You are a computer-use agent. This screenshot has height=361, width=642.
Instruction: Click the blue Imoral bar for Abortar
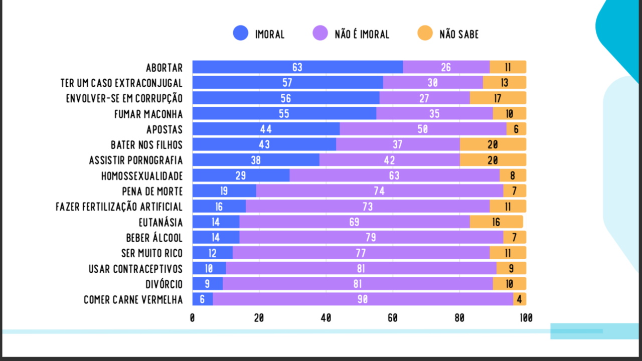[297, 67]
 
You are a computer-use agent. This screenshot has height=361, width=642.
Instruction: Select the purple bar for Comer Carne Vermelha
[363, 299]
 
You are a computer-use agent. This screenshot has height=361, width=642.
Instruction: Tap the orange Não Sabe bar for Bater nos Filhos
[493, 144]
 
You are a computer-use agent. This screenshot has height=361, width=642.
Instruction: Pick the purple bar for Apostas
[423, 129]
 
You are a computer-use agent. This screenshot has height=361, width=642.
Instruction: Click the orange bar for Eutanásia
[497, 222]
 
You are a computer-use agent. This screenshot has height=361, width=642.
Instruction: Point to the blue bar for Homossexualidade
[241, 175]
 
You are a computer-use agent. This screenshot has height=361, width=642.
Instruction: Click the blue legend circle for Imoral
[240, 33]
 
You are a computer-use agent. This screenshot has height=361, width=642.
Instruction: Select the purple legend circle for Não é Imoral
[320, 33]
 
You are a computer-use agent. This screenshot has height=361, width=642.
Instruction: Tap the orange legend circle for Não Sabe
[425, 33]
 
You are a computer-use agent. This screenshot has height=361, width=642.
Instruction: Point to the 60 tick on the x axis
[393, 318]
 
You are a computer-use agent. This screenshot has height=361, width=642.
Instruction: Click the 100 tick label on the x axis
[526, 318]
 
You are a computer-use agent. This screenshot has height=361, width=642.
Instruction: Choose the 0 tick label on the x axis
[192, 318]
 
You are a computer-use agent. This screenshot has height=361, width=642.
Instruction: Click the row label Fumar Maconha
[148, 114]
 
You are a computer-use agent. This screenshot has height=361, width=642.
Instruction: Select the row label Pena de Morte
[152, 192]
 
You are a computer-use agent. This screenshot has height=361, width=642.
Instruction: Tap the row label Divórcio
[164, 284]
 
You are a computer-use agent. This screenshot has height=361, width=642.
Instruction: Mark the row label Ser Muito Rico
[152, 253]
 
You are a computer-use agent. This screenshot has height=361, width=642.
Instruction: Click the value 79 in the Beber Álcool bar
[371, 237]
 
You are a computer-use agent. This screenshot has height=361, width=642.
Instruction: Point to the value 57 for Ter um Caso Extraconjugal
[287, 83]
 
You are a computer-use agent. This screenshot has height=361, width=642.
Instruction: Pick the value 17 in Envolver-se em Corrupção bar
[498, 98]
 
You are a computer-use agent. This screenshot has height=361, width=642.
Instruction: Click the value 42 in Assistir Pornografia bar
[390, 160]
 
